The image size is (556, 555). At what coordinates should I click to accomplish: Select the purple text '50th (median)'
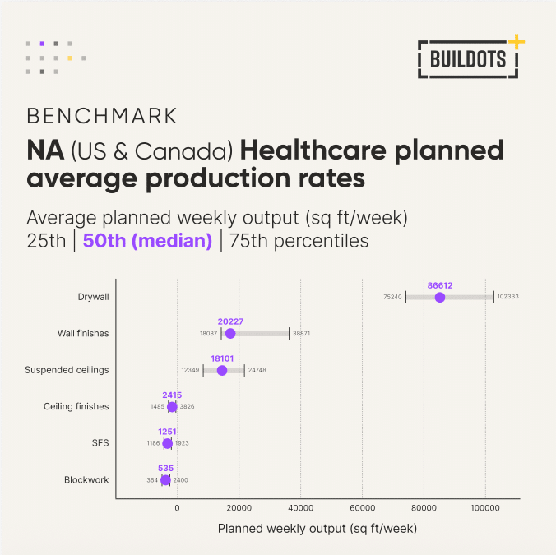147,241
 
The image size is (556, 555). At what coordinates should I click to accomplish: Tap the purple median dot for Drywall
440,297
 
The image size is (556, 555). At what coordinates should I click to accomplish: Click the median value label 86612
440,285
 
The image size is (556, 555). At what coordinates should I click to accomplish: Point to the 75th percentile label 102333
507,297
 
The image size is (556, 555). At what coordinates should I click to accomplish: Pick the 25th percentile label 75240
392,297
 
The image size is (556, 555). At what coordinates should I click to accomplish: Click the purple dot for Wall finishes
230,333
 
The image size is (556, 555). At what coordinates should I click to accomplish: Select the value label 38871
301,334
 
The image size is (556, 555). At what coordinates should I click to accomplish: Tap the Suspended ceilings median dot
222,370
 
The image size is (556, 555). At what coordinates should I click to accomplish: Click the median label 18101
222,358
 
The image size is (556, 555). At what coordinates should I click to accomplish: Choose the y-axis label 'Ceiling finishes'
76,406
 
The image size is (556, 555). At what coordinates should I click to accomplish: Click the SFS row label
100,443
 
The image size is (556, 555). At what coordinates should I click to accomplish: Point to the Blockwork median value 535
165,469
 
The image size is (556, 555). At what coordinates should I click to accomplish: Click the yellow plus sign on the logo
516,40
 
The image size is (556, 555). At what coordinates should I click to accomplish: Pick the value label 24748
257,371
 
